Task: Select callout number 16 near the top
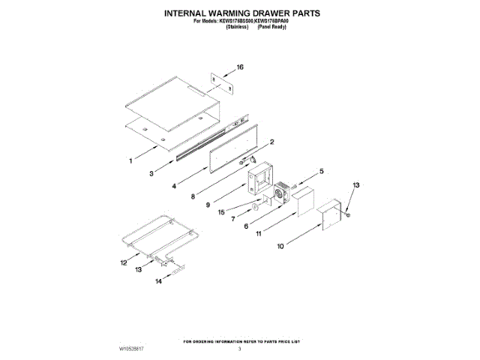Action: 241,67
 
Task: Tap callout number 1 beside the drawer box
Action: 131,159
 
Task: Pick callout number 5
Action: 322,172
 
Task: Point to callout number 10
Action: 280,245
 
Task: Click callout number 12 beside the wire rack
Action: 124,262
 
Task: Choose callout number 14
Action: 158,283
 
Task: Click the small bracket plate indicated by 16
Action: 221,84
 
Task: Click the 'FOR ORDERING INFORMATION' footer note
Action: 239,340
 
